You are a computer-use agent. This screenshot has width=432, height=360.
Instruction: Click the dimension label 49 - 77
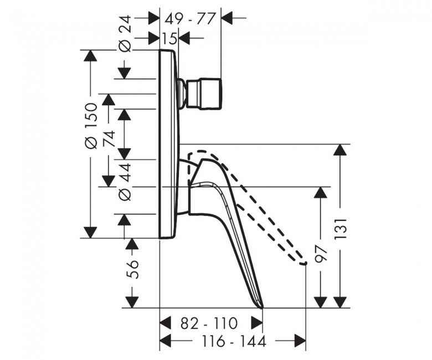click(189, 19)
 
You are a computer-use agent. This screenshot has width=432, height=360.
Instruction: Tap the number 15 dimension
click(169, 38)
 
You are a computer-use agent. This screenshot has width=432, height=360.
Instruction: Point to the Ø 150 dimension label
click(91, 125)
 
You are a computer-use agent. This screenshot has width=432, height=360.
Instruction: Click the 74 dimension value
click(109, 138)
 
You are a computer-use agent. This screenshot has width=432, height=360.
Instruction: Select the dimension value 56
click(132, 269)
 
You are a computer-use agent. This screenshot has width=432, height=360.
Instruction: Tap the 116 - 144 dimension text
click(234, 341)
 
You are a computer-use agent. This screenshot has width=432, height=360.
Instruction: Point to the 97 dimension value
click(321, 254)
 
